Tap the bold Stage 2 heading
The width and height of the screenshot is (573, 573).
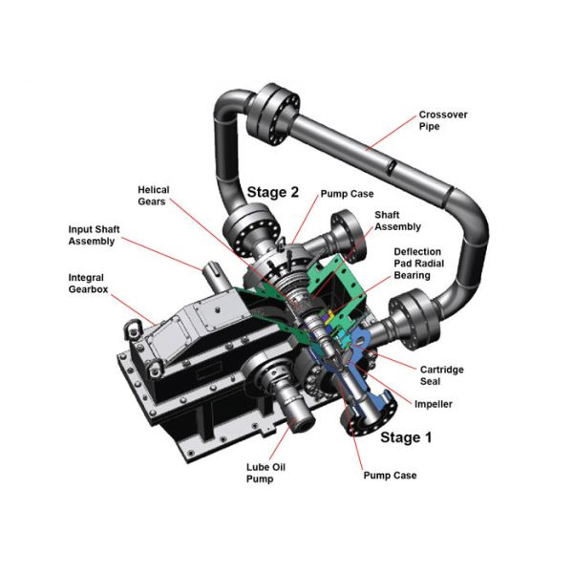coord(273,191)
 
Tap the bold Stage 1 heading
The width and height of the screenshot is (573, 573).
coord(406,438)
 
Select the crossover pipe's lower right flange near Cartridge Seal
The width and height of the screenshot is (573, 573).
coord(414,320)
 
